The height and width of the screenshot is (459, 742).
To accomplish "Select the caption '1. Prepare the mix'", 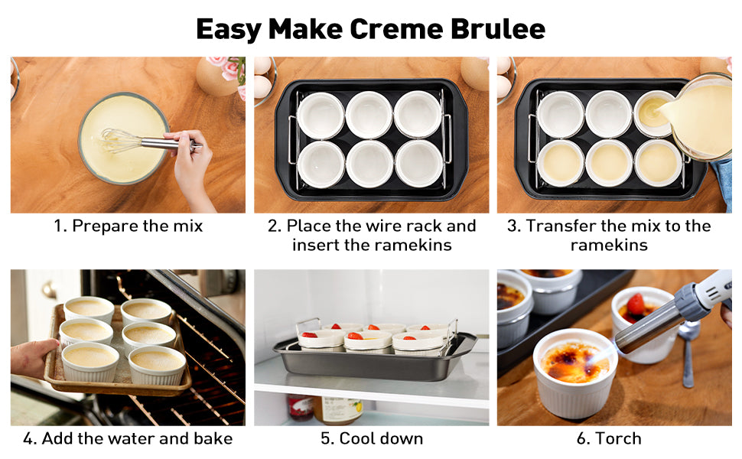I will (x=128, y=226).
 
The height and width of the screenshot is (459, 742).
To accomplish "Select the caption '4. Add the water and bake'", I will (x=128, y=438).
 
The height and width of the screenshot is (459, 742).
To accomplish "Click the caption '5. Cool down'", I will (x=371, y=438).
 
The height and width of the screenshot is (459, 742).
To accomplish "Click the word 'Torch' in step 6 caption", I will (x=620, y=438).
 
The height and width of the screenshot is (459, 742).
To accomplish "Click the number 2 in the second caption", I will (x=274, y=226).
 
